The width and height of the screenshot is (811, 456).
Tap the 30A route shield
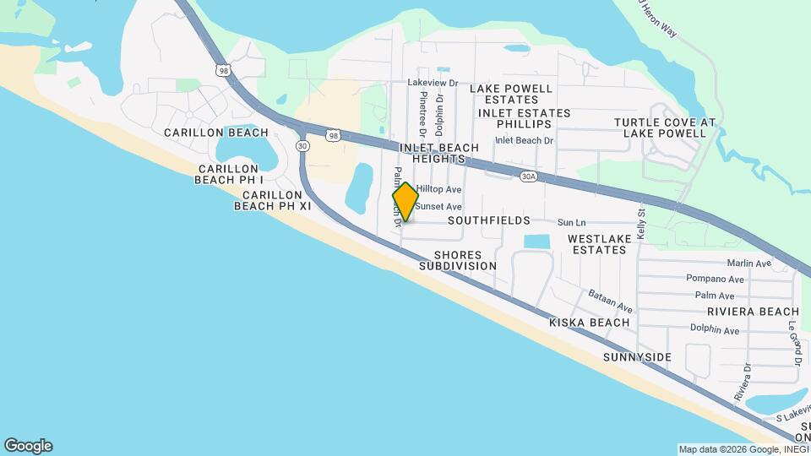coord(529,176)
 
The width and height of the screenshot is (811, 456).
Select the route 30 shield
coord(302,146)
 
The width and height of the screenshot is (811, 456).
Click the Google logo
coord(28,445)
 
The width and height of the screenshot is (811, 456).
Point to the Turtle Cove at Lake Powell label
coord(665,128)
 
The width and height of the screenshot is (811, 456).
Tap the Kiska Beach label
coord(590,323)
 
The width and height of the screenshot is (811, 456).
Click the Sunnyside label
coord(637,357)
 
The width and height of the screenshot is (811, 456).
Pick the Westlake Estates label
coord(599,244)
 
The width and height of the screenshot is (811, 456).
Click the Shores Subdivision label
coord(458,260)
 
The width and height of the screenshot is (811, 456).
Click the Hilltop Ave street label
coord(438,190)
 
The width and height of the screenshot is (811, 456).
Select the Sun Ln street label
coord(571,223)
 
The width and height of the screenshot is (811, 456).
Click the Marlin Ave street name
coord(748,263)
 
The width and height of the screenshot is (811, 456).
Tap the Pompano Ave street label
coord(719,279)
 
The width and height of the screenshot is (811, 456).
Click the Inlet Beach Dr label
coord(524,140)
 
